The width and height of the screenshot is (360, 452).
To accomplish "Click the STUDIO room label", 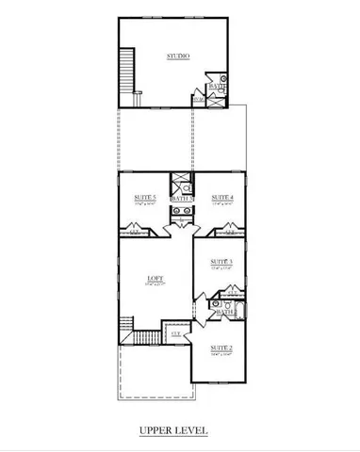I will pyautogui.click(x=178, y=56).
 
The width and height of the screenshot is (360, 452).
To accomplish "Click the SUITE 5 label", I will pyautogui.click(x=145, y=196).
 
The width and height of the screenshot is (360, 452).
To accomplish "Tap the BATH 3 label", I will pyautogui.click(x=181, y=199).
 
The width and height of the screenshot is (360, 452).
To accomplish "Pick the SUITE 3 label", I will pyautogui.click(x=221, y=262).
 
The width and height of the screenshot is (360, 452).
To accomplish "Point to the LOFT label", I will pyautogui.click(x=155, y=278).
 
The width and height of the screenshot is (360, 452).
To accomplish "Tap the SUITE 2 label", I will pyautogui.click(x=221, y=347).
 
